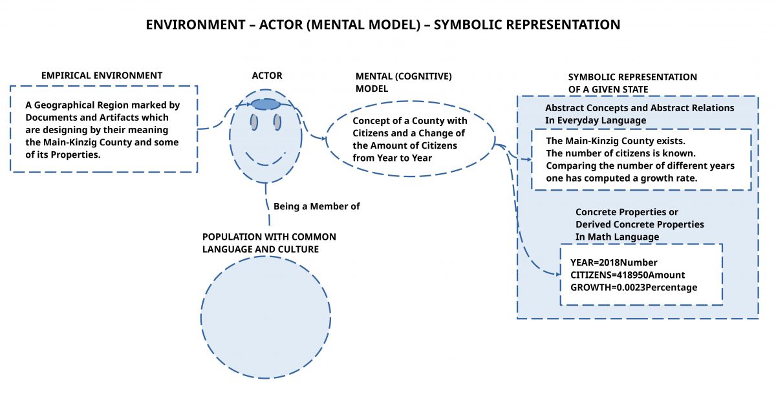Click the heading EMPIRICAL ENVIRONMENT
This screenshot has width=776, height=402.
coord(102,76)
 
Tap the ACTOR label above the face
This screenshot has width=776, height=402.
coord(267,76)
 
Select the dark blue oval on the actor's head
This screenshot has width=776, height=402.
coord(265,104)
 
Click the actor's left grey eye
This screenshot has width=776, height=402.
coord(254,122)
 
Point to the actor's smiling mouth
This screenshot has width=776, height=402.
coord(266,159)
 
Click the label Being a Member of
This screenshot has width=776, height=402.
coord(316,207)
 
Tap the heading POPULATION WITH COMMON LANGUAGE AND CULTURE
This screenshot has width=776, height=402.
coord(269,243)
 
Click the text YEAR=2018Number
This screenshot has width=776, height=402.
coord(614,262)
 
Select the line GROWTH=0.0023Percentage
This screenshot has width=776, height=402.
coord(634,287)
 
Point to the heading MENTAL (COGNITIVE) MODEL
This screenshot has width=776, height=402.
coord(404,82)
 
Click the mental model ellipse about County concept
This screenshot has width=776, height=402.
coord(410,139)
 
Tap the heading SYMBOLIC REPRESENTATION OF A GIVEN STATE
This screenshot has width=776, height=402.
coord(632,83)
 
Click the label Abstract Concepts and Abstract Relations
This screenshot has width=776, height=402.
coord(640,108)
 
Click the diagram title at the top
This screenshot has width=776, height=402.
coord(383,25)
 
